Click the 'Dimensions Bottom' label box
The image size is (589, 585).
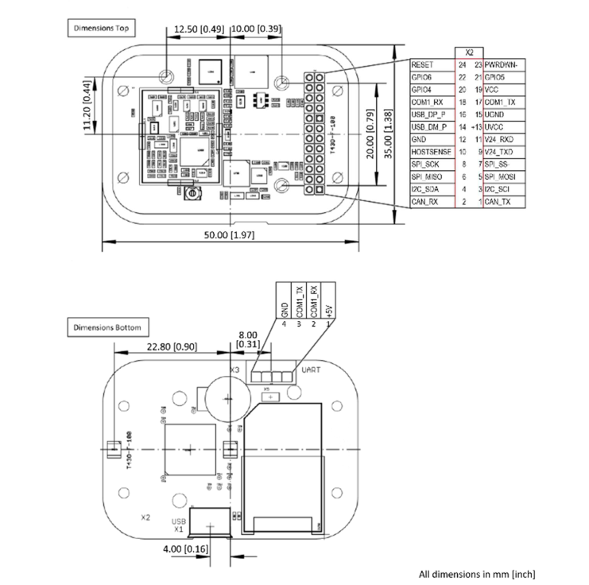point(107,327)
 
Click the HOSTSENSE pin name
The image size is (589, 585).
point(430,152)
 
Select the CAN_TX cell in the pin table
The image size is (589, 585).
point(498,203)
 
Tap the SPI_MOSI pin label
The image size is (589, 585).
point(503,177)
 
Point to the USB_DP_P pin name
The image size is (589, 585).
point(429,114)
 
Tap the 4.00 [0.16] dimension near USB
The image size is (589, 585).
point(185,549)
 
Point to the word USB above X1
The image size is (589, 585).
point(180,521)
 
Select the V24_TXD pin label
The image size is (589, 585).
point(501,152)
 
